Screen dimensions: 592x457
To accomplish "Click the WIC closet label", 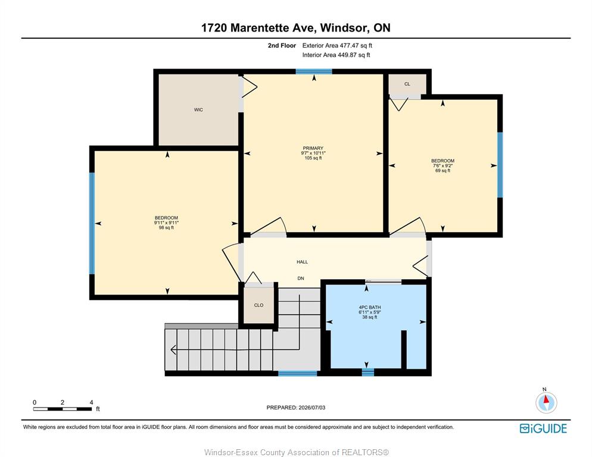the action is coord(198,110).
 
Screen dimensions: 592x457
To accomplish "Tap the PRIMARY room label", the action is coord(313,148).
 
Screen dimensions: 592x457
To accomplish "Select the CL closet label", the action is coord(407,84).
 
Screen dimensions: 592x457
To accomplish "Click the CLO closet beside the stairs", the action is coord(258,305).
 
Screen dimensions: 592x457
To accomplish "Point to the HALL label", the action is coord(302,262).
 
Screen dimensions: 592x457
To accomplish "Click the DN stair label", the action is coord(301,278).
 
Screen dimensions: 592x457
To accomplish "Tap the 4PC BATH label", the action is coord(370,308).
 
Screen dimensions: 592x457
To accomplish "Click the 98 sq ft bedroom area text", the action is coord(166,227).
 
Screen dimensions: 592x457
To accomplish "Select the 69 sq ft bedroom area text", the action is coord(443,171).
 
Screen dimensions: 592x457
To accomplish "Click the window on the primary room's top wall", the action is coord(314,71).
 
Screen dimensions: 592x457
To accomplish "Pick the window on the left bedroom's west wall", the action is coord(92,223).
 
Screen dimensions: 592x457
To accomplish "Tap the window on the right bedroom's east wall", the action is coord(500,165).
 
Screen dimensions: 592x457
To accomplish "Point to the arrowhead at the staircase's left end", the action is coord(173,350).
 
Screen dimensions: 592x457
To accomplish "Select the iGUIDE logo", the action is coord(543,428).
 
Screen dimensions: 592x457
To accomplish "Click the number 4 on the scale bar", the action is coord(91,403).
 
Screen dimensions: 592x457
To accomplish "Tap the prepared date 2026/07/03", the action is coord(312,408).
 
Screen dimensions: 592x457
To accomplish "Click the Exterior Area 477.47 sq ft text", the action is coord(337,45).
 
